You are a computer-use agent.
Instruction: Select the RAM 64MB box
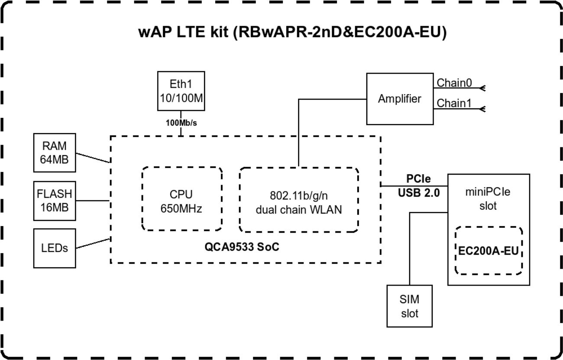pos(55,152)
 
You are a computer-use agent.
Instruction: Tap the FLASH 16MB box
pos(55,200)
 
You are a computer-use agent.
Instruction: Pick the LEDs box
pos(55,248)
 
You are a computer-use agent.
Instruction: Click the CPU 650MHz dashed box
pos(182,200)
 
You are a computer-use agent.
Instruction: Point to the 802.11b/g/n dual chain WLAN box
pos(299,200)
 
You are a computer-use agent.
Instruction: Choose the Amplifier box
pos(399,99)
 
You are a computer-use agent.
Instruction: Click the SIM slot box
pos(409,306)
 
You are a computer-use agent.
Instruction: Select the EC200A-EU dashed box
pos(489,250)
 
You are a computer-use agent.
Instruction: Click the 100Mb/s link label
pos(181,123)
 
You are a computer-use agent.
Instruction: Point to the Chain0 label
pos(454,83)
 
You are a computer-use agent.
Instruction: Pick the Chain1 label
pos(454,103)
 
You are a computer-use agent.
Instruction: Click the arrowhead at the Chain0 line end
pos(482,88)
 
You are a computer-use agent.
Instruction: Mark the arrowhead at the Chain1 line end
pos(482,109)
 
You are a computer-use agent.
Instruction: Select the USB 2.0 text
pos(419,193)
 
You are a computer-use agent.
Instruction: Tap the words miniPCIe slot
pos(489,199)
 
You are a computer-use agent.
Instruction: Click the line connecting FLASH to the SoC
pos(92,200)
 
